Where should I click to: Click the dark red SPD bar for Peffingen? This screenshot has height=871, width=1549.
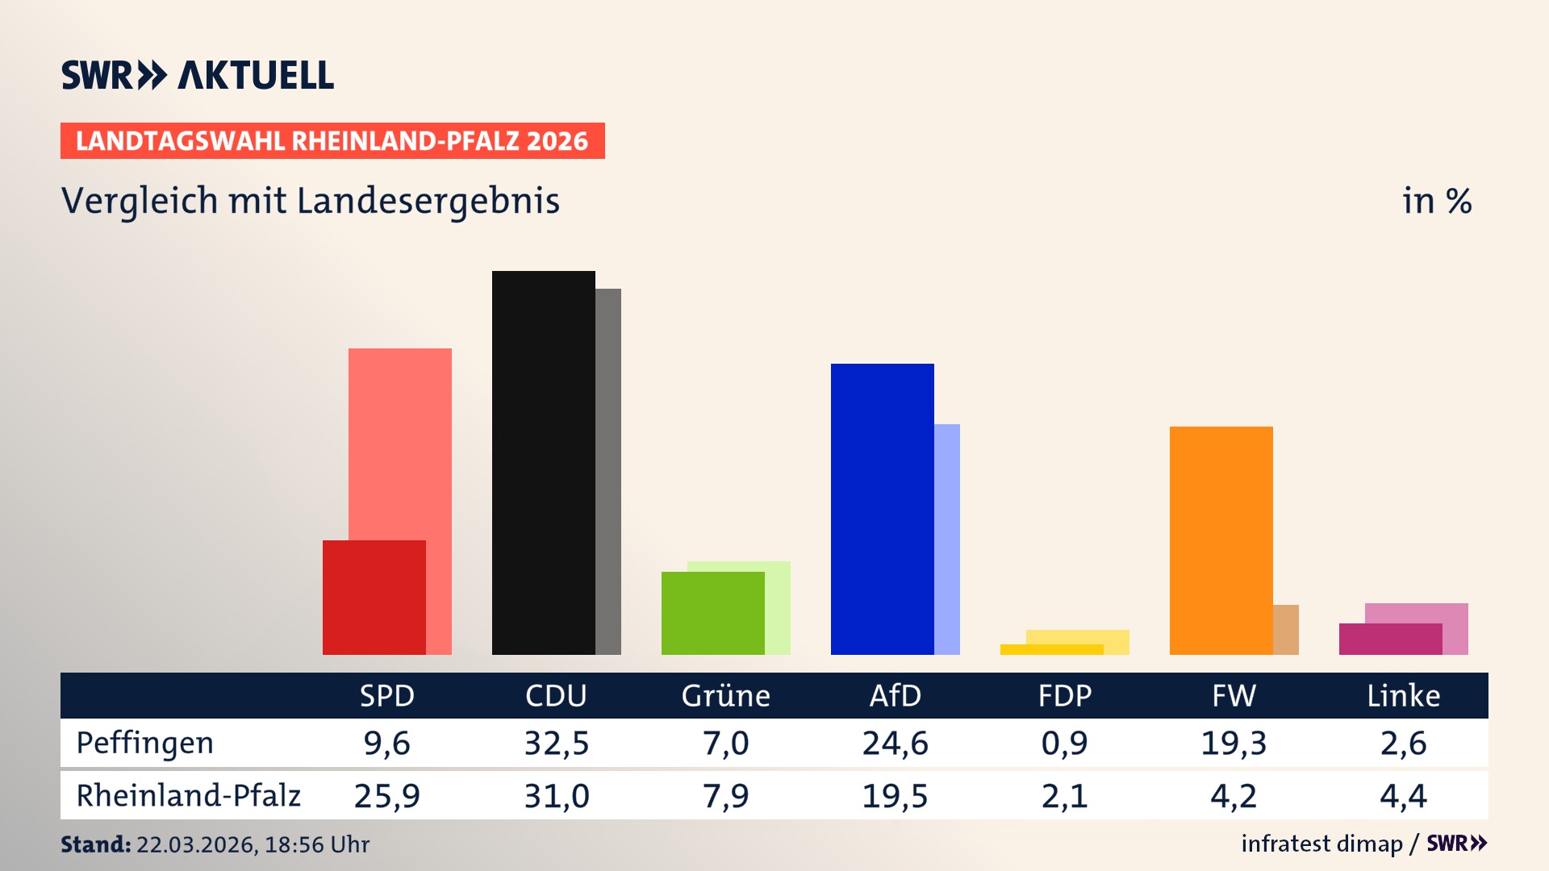pyautogui.click(x=374, y=598)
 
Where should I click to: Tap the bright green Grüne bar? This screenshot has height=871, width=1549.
pyautogui.click(x=712, y=613)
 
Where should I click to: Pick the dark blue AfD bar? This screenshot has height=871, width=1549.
pyautogui.click(x=882, y=509)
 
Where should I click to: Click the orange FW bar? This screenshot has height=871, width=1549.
pyautogui.click(x=1221, y=540)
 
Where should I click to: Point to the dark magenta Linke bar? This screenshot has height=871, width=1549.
pyautogui.click(x=1390, y=639)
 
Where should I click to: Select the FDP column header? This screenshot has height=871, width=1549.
pyautogui.click(x=1064, y=695)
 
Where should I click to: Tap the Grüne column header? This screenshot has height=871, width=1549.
pyautogui.click(x=725, y=695)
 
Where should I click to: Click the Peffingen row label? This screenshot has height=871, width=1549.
pyautogui.click(x=145, y=743)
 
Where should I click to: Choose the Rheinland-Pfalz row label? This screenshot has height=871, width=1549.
pyautogui.click(x=188, y=795)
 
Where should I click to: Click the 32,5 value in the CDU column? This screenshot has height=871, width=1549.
pyautogui.click(x=556, y=743)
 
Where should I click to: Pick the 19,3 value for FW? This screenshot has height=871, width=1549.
pyautogui.click(x=1234, y=743)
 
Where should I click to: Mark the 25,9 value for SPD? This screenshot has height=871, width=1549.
pyautogui.click(x=386, y=796)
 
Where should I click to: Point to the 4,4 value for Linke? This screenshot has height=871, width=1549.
pyautogui.click(x=1403, y=796)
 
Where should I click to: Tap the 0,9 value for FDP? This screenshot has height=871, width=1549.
pyautogui.click(x=1064, y=743)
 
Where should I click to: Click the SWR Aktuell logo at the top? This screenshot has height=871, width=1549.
pyautogui.click(x=198, y=75)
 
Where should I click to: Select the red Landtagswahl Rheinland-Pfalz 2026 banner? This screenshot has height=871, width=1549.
pyautogui.click(x=332, y=141)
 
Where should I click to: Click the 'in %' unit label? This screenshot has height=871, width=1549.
pyautogui.click(x=1436, y=201)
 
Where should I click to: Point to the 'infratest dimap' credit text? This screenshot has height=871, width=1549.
pyautogui.click(x=1321, y=844)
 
